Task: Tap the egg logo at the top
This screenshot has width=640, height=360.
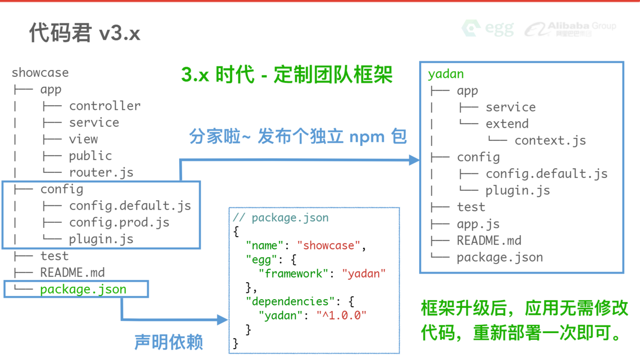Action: (488, 28)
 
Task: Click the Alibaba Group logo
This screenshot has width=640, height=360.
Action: (570, 29)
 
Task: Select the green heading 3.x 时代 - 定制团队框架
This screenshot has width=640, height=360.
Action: (287, 75)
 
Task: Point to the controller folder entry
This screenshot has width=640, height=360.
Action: (104, 106)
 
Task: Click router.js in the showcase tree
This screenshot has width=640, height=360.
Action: (101, 172)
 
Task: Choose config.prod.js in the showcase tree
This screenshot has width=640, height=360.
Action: (119, 222)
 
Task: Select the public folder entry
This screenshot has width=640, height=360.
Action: (90, 156)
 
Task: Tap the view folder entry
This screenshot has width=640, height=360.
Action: (83, 139)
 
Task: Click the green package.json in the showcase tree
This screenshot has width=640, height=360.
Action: (83, 289)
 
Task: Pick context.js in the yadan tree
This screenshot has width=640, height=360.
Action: (550, 140)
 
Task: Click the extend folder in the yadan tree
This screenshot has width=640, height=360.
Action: (507, 124)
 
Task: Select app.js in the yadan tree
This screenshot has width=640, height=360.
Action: (478, 224)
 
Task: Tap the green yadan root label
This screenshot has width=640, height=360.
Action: (445, 74)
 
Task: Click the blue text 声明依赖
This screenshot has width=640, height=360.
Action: (168, 342)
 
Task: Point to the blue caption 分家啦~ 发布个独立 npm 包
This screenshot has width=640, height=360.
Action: (298, 137)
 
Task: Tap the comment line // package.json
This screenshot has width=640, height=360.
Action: (281, 218)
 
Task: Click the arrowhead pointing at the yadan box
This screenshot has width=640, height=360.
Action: (414, 160)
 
